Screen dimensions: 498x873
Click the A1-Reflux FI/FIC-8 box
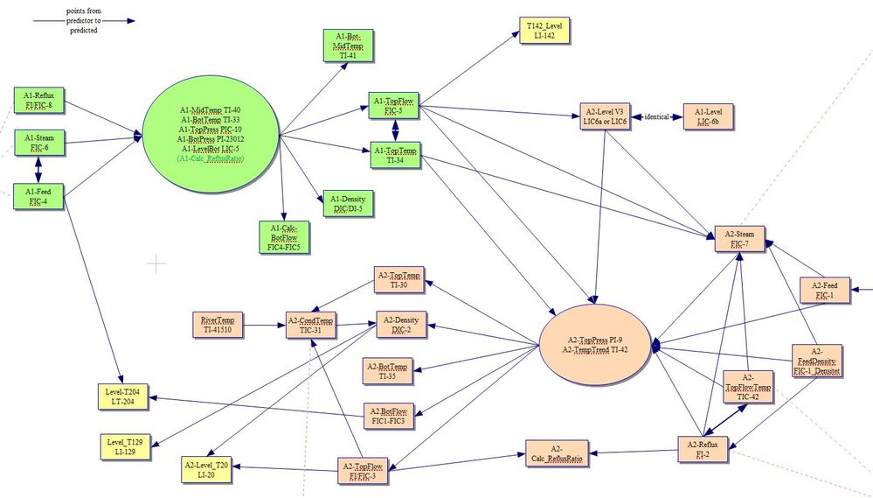[x=39, y=100]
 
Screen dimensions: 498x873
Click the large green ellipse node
[x=210, y=134]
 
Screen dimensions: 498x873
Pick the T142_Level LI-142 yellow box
[x=544, y=31]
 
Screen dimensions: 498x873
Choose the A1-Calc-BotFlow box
[x=285, y=236]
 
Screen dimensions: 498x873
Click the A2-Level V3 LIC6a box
[x=606, y=116]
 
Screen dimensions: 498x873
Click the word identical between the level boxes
[x=656, y=116]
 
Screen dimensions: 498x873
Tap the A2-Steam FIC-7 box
[x=739, y=240]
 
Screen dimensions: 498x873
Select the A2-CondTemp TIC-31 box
[x=310, y=325]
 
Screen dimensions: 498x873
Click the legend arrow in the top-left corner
[x=83, y=20]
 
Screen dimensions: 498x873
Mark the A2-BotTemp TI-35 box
[x=388, y=371]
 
